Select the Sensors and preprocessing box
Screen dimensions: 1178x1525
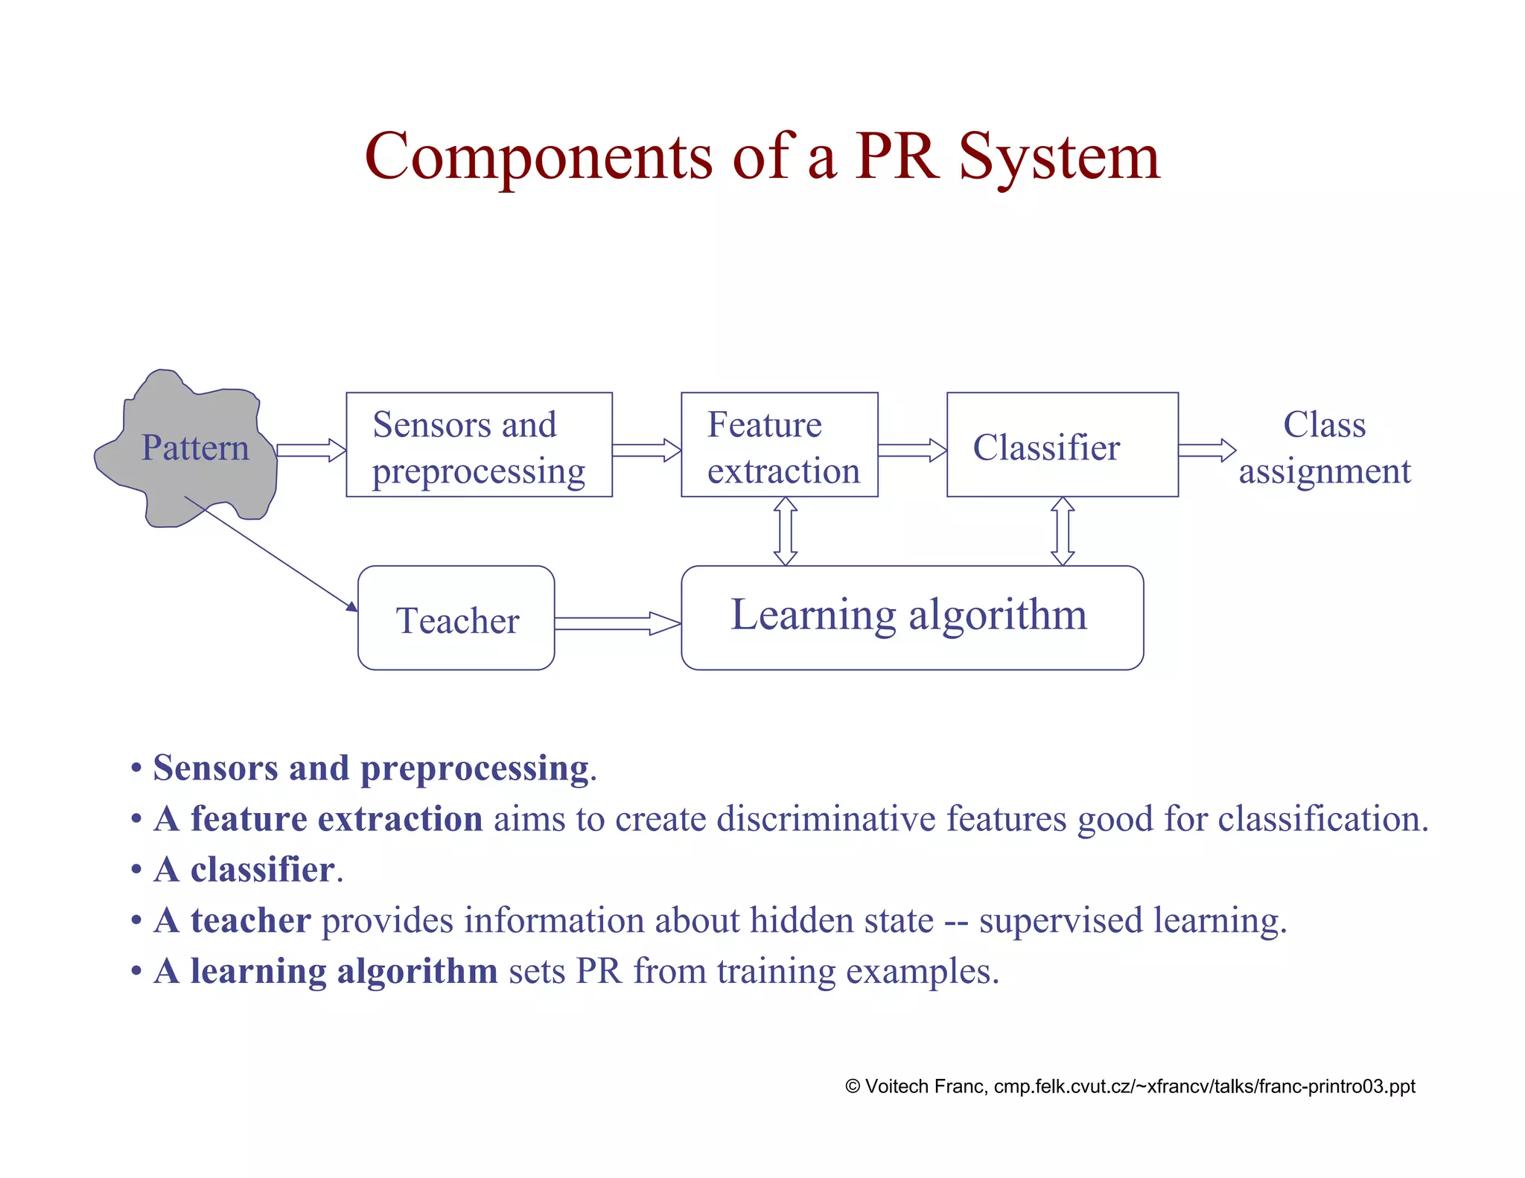tap(479, 445)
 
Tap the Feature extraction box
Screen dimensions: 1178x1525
tap(779, 445)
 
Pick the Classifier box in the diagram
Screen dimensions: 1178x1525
tap(1062, 445)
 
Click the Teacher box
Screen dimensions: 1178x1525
tap(456, 618)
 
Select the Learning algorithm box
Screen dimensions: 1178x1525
tap(911, 618)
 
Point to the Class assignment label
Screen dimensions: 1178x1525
tap(1324, 448)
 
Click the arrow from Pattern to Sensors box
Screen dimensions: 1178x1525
tap(311, 450)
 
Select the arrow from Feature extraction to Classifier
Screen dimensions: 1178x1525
tap(912, 450)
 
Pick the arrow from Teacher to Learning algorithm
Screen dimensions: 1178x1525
tap(617, 623)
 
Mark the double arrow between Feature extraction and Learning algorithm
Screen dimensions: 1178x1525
tap(786, 531)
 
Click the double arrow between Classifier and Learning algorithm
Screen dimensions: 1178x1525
tap(1063, 531)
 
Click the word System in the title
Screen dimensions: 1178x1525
tap(1059, 157)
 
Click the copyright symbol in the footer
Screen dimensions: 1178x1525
tap(853, 1086)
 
